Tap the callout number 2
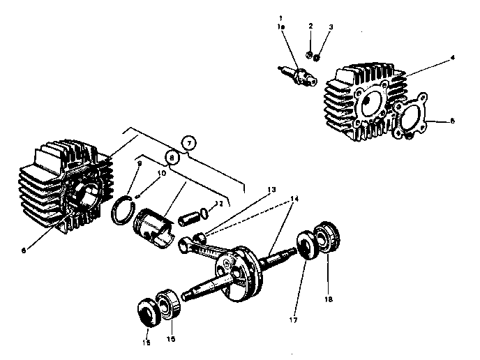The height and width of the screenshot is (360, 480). [x=310, y=26]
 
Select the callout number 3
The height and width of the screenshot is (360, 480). [x=331, y=27]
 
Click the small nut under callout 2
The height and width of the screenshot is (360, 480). [x=309, y=55]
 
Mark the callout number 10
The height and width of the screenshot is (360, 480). [x=161, y=172]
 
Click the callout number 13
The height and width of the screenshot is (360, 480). [x=271, y=189]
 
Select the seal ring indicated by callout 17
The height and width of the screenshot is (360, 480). [x=306, y=246]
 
